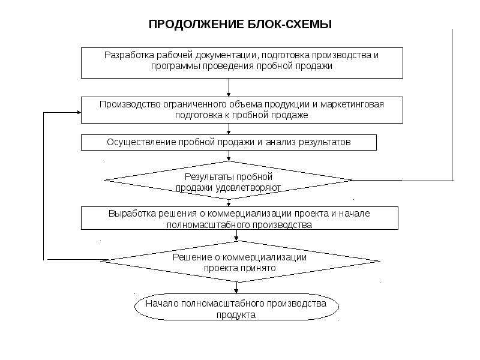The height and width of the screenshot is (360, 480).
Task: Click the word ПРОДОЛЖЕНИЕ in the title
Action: click(x=196, y=24)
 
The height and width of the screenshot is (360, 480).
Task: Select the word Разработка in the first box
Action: click(x=129, y=55)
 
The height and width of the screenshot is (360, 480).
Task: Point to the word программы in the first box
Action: click(x=174, y=67)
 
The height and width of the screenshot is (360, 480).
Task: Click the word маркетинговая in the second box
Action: click(x=352, y=104)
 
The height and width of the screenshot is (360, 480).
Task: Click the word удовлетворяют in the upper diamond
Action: click(x=248, y=188)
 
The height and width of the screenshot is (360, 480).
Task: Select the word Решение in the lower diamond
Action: click(x=192, y=257)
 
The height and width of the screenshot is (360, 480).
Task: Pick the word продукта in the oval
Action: click(x=236, y=315)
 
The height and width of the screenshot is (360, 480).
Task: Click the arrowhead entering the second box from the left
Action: click(x=79, y=112)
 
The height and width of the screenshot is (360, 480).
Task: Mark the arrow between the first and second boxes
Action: click(x=229, y=88)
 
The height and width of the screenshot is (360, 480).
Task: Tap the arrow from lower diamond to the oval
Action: click(x=236, y=288)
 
